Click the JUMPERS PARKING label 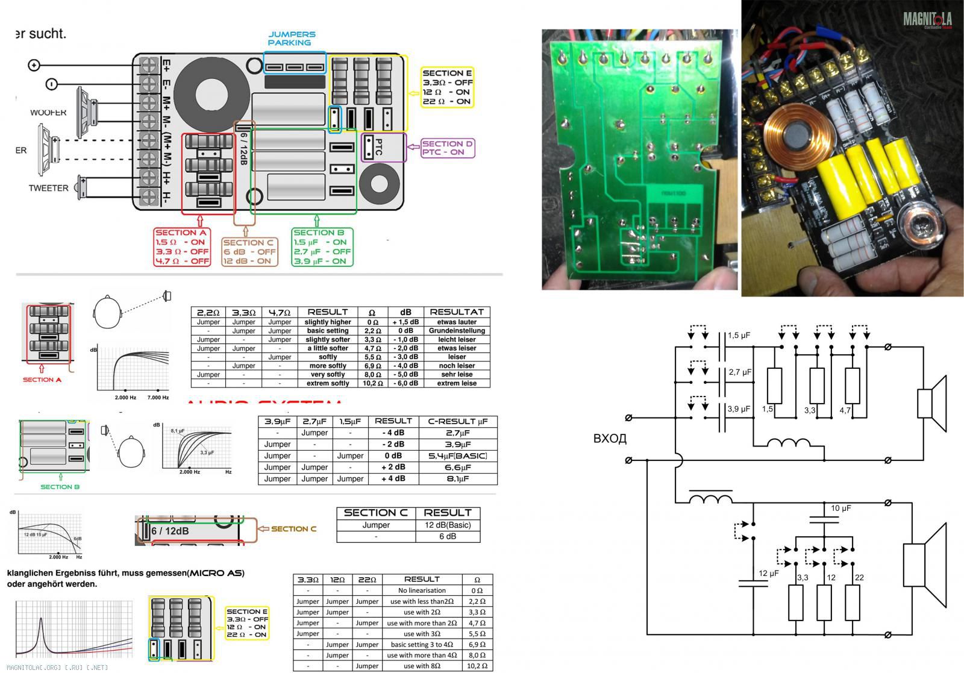coord(292,39)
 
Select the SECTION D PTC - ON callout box coord(447,148)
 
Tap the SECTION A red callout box coord(182,246)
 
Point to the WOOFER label coord(48,113)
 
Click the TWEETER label coord(48,188)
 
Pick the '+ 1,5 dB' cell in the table coord(405,322)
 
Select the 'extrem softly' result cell coord(328,383)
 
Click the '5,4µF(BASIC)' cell coord(457,456)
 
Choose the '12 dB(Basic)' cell coord(448,525)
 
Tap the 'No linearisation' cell coord(422,590)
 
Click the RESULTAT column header coord(457,312)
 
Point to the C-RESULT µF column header coord(457,421)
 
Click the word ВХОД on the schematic coord(610,439)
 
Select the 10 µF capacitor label coord(841,508)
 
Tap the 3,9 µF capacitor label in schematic coord(739,408)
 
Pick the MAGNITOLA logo coord(927,20)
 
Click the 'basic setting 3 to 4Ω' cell coord(422,645)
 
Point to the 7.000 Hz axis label coord(158,398)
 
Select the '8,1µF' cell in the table coord(457,479)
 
